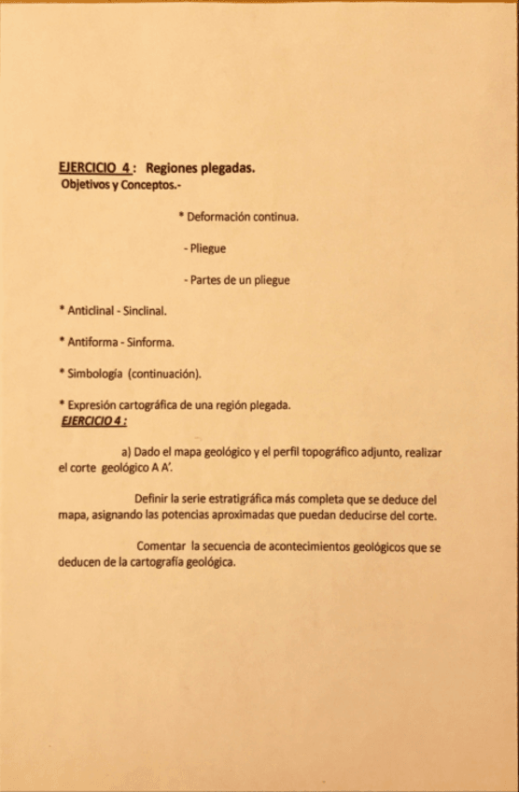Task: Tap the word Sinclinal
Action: click(142, 309)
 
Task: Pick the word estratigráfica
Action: click(240, 499)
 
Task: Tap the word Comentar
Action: click(161, 546)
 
